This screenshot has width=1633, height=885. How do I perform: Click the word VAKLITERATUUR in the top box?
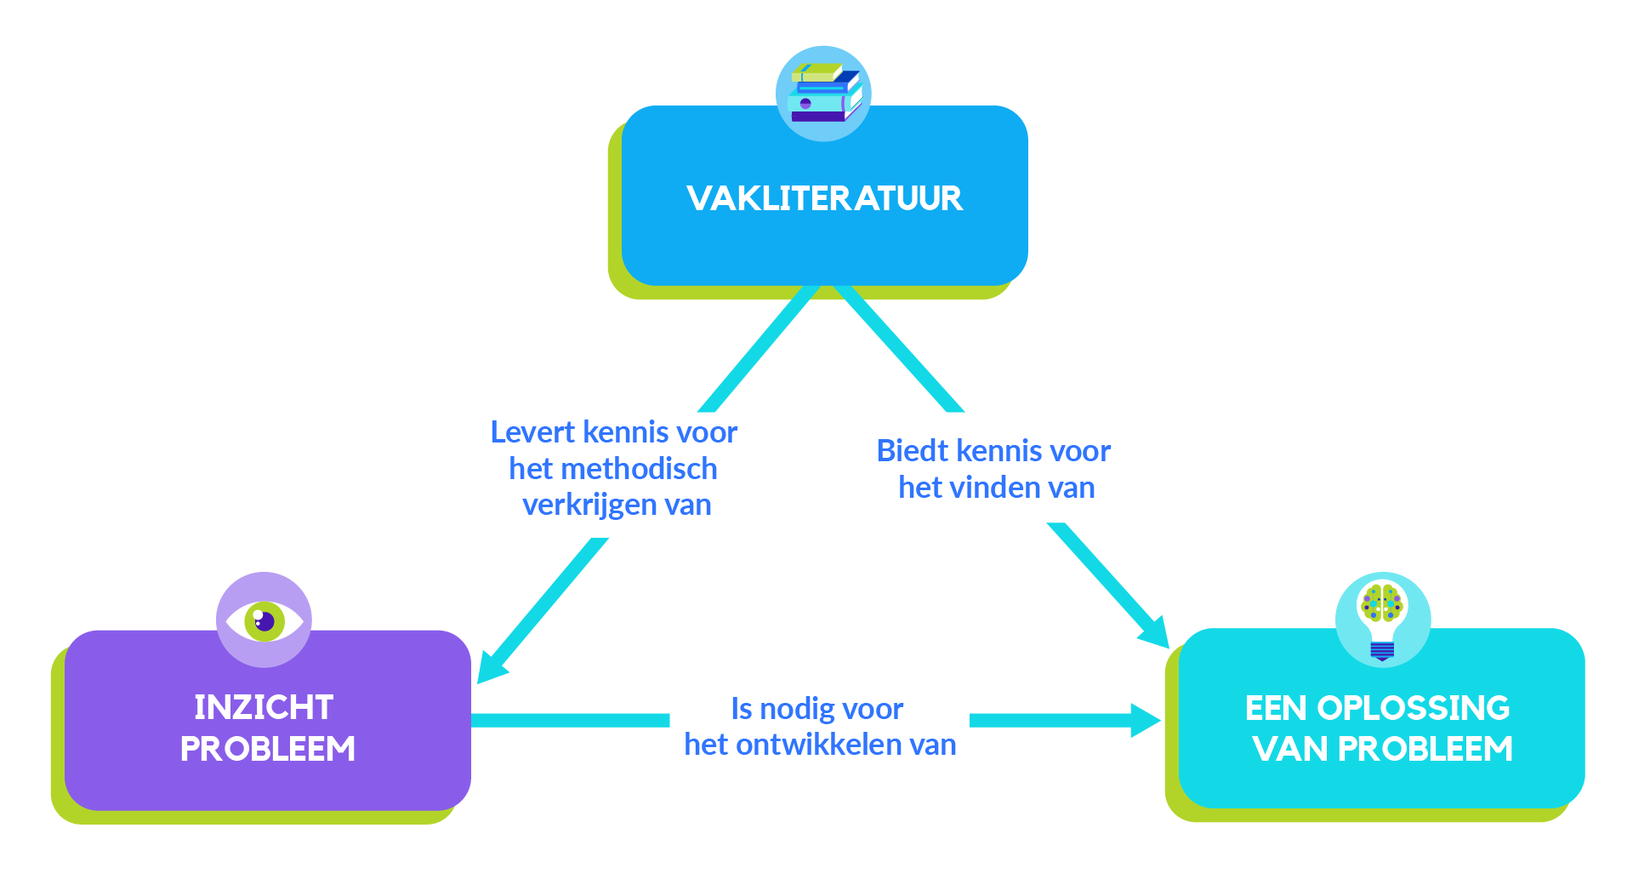click(824, 198)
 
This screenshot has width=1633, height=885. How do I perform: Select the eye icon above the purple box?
click(264, 620)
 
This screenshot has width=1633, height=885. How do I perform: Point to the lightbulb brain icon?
click(1382, 619)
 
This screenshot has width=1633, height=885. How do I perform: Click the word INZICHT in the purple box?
click(264, 707)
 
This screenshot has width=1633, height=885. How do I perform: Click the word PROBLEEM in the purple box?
click(267, 749)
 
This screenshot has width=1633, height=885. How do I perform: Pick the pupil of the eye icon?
click(265, 621)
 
